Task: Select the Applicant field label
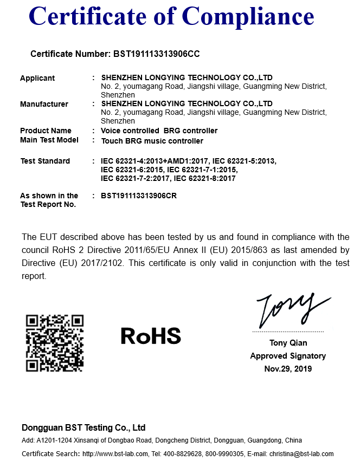(37, 78)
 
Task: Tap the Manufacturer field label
(44, 104)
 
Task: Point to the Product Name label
(46, 131)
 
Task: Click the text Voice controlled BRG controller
(159, 131)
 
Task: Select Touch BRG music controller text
(152, 141)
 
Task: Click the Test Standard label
(45, 161)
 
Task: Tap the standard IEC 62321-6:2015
(132, 170)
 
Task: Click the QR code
(55, 343)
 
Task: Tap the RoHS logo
(151, 336)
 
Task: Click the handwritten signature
(290, 310)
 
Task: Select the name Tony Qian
(288, 343)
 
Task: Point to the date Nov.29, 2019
(288, 369)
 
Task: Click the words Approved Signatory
(288, 356)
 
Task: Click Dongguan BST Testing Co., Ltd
(83, 427)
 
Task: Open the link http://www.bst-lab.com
(115, 454)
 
